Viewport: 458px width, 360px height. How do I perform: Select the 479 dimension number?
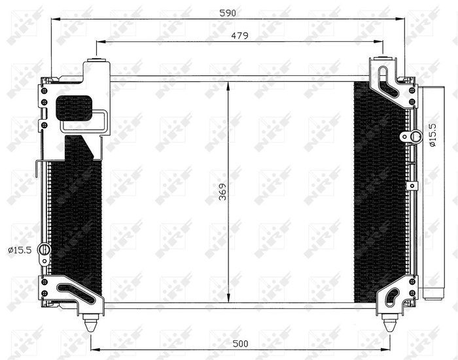coord(239,36)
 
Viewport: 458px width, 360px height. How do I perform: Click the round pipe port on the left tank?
coord(44,249)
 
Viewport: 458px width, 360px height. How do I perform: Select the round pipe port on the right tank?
coord(415,136)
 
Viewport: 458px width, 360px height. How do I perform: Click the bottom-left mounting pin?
coord(90,324)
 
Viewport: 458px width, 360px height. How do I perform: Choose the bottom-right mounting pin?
coord(390,324)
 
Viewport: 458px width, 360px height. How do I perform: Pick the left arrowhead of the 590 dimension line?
coord(54,19)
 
